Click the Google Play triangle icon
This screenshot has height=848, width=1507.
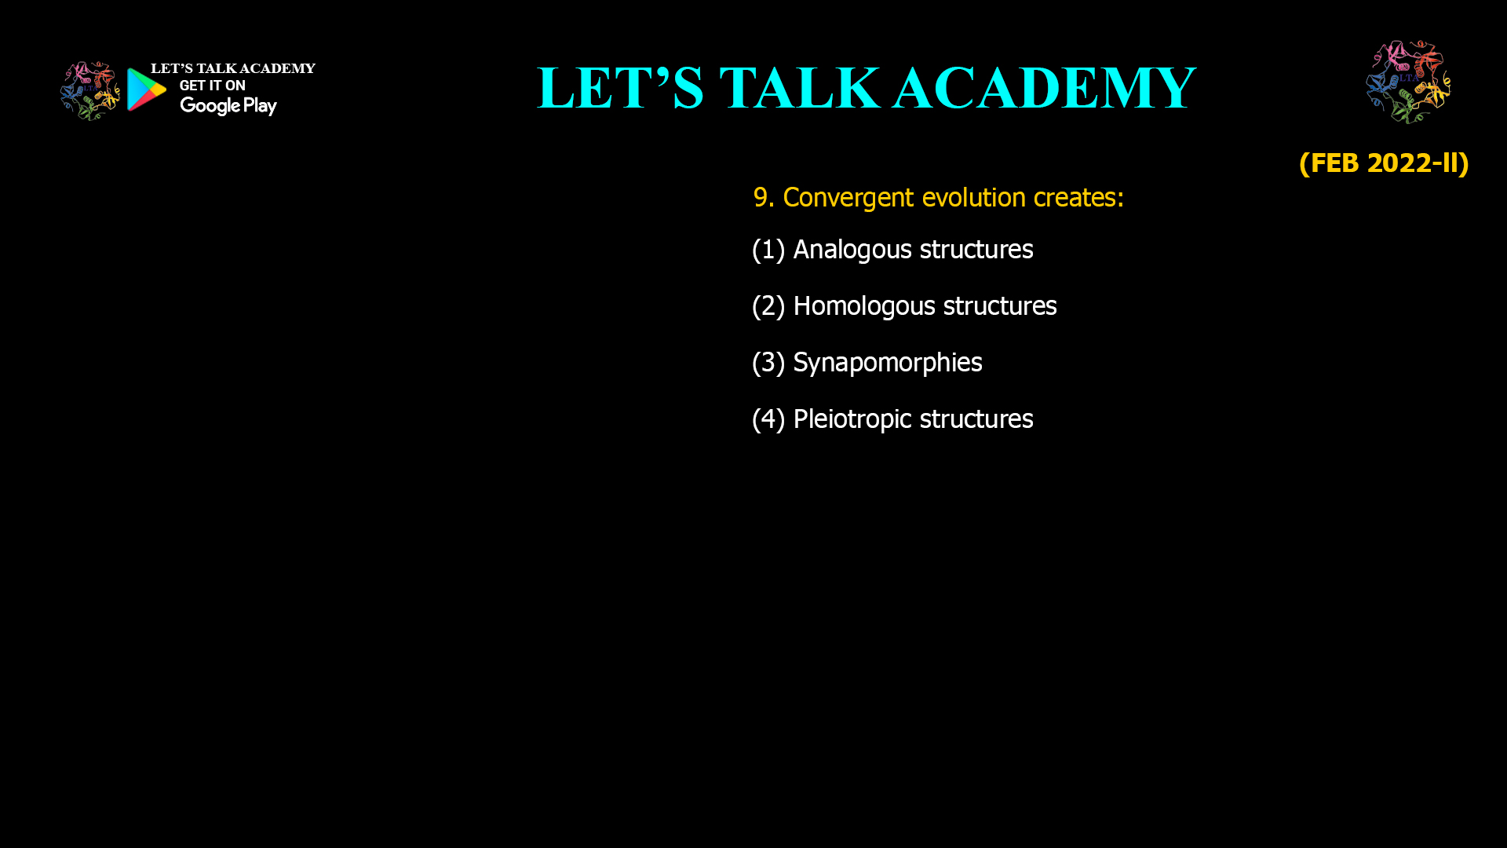click(147, 90)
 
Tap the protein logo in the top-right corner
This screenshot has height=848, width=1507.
click(1408, 82)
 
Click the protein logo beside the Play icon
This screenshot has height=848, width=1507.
click(90, 91)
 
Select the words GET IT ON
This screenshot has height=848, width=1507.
click(212, 86)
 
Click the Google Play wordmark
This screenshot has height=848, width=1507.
click(228, 106)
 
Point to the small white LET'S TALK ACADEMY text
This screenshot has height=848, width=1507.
click(233, 68)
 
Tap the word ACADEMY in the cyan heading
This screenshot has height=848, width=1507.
click(1044, 88)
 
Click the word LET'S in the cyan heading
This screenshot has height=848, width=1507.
click(620, 88)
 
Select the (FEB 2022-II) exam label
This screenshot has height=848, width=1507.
click(1384, 163)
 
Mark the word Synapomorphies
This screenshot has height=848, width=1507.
click(888, 363)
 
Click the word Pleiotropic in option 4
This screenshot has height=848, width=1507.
click(852, 419)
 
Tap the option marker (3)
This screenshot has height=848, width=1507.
click(768, 363)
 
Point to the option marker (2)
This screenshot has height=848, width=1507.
click(768, 306)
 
